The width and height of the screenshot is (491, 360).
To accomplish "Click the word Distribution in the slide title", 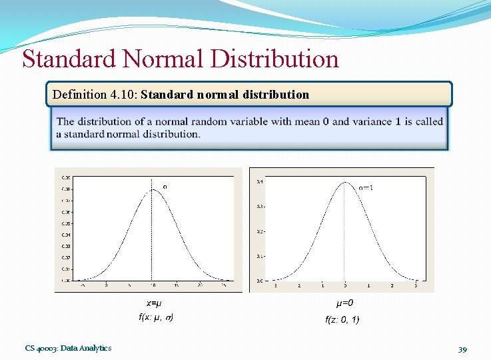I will pos(274,59).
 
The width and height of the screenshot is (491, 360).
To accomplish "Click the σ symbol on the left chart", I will pos(165,187).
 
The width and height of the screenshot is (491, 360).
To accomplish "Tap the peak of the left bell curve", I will pos(153,189).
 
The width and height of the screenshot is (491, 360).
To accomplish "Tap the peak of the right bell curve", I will pos(344,182).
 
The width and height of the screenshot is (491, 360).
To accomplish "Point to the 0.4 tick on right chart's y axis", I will pos(260,181).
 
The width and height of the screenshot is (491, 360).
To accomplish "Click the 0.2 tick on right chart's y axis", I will pos(260,231).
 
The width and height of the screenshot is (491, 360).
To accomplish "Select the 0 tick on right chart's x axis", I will pos(344,285).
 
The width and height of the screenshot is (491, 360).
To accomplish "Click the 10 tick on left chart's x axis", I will pos(153,285).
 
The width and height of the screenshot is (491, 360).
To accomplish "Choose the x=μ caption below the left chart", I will pos(154,303).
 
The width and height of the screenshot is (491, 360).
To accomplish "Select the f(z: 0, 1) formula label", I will pos(342,320).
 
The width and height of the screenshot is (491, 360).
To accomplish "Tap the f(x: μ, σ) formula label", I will pos(156,317).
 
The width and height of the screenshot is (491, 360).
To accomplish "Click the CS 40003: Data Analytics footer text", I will pos(68,348).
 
